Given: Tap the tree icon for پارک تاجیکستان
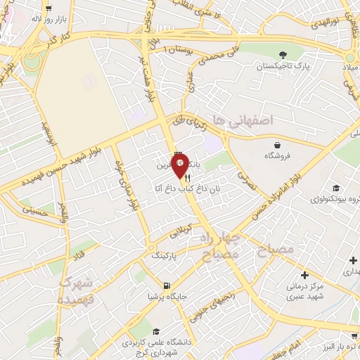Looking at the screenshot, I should click(283, 55).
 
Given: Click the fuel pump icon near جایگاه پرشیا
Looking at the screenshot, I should click(166, 285).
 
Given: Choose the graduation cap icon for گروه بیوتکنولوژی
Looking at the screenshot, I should click(336, 188).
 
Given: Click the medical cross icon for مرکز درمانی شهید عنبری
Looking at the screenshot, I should click(304, 274).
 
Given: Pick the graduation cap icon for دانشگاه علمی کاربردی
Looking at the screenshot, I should click(153, 332).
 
